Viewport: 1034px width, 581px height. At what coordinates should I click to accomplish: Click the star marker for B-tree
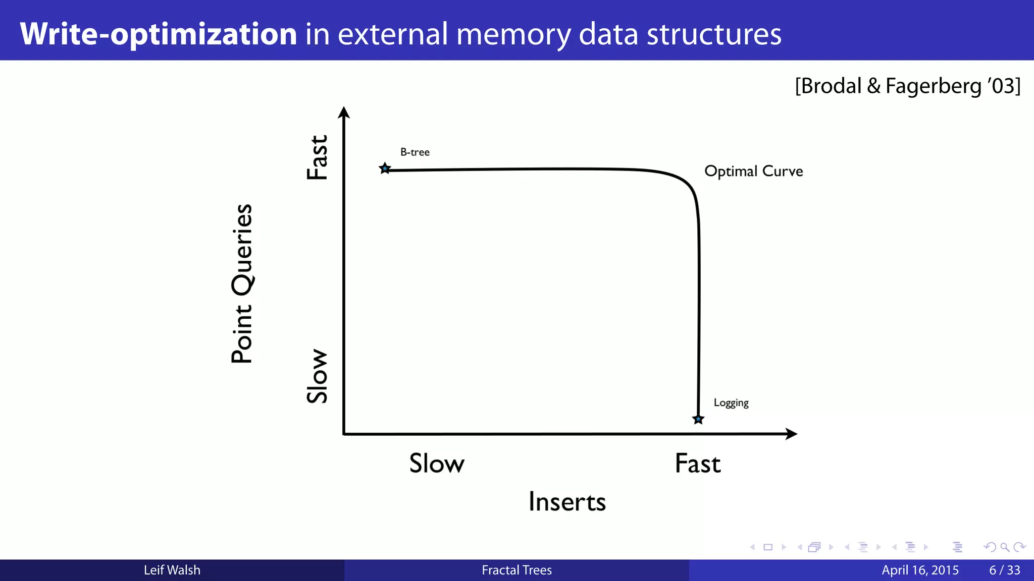[385, 168]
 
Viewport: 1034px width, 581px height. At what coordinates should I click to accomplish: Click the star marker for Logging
[698, 419]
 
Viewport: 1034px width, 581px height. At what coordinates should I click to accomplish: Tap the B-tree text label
[415, 152]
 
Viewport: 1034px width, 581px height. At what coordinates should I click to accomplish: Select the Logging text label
[731, 403]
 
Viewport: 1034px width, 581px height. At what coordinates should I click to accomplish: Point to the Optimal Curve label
[753, 171]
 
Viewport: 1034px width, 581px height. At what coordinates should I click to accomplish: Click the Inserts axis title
[567, 502]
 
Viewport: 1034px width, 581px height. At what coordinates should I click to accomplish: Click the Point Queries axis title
[242, 283]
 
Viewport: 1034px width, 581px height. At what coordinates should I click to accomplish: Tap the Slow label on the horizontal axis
[437, 463]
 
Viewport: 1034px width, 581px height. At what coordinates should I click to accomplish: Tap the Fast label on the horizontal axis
[698, 463]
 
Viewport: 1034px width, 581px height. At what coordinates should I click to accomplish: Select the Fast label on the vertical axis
[318, 157]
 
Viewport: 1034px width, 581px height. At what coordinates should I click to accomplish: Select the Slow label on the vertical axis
[318, 376]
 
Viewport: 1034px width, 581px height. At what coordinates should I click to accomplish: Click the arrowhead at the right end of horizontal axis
[791, 434]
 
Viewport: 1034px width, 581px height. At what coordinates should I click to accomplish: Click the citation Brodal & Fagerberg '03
[907, 86]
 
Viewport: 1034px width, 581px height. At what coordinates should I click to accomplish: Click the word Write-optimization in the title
[159, 34]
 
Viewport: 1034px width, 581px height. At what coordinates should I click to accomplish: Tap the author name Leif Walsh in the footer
[172, 570]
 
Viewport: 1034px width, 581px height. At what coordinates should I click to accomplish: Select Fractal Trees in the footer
[516, 570]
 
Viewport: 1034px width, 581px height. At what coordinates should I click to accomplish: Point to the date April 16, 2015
[920, 570]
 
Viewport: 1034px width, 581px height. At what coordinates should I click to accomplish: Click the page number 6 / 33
[1004, 570]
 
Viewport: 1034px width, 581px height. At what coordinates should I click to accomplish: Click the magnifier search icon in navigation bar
[1005, 547]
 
